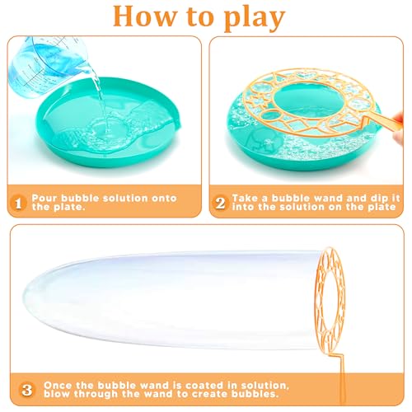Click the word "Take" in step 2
[x=247, y=199]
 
